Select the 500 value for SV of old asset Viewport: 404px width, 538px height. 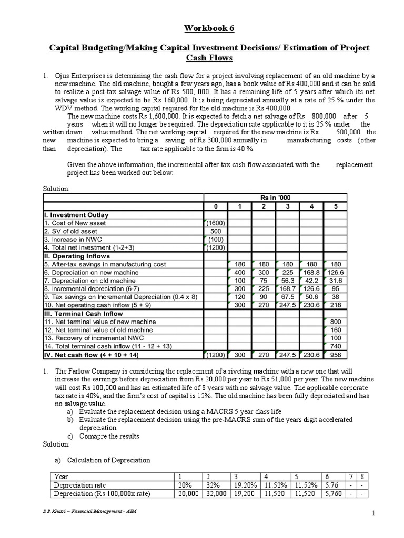(215, 231)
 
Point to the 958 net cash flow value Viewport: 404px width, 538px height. (335, 355)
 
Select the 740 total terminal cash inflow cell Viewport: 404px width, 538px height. (335, 346)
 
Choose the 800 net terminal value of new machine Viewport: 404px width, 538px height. (335, 322)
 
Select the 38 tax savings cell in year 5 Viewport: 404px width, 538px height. (335, 297)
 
